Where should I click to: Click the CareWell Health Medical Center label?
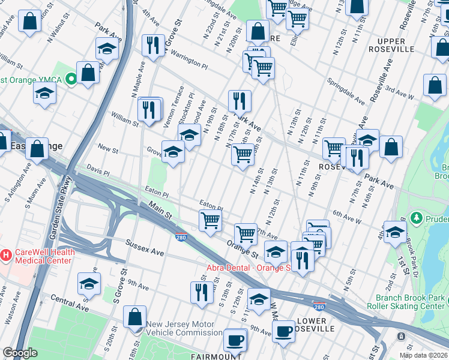tap(41, 256)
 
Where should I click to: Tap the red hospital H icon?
tap(5, 256)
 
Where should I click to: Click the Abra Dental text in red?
tap(249, 268)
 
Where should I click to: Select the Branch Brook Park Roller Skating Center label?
tap(411, 302)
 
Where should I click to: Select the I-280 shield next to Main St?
tap(181, 238)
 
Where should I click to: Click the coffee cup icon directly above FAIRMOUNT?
tap(235, 340)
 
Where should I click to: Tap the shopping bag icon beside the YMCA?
tap(88, 73)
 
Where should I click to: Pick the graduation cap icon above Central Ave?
tap(89, 283)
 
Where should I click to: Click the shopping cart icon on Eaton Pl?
tap(210, 220)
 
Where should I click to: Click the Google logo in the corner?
tap(20, 353)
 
